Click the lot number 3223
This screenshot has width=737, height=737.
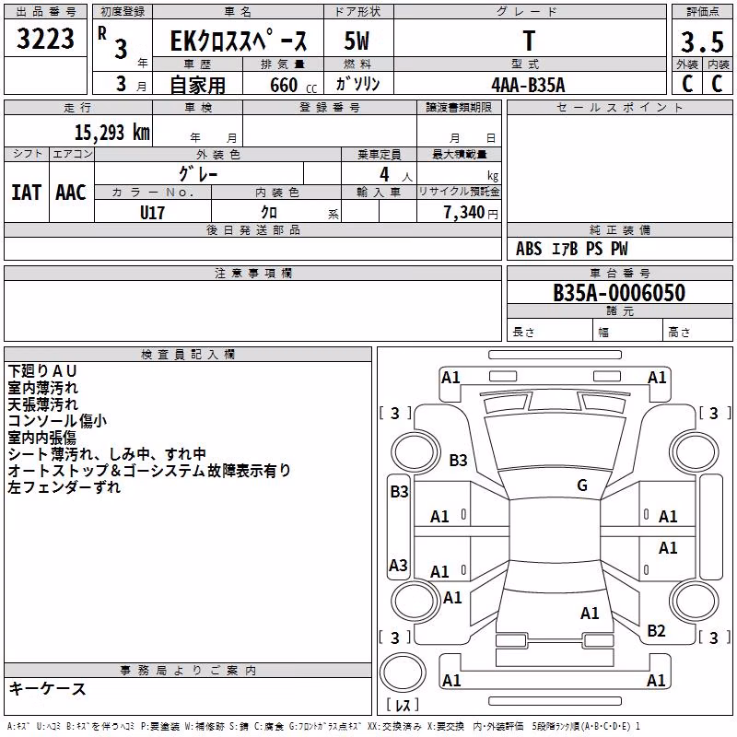(45, 39)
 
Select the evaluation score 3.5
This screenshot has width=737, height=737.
(702, 41)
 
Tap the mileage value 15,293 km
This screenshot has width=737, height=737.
(112, 132)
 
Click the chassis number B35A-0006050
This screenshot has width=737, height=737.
(619, 293)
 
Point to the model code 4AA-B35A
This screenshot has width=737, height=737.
(528, 85)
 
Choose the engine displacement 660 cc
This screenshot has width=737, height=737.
(293, 85)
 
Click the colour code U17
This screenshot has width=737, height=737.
(152, 213)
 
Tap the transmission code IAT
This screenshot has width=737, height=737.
(27, 193)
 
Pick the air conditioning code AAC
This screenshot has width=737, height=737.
(71, 193)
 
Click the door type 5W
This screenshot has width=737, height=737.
(357, 41)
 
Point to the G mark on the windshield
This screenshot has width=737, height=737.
(582, 485)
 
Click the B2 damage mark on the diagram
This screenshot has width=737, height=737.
(656, 631)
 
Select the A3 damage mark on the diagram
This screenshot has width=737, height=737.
(398, 565)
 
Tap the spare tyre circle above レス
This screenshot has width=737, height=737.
(403, 673)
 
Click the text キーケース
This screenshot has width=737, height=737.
(48, 689)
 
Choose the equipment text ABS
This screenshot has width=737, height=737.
(529, 249)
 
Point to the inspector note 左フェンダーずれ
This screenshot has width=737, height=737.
(64, 487)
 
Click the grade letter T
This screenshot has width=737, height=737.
(529, 41)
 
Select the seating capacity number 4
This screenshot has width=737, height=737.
(384, 174)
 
